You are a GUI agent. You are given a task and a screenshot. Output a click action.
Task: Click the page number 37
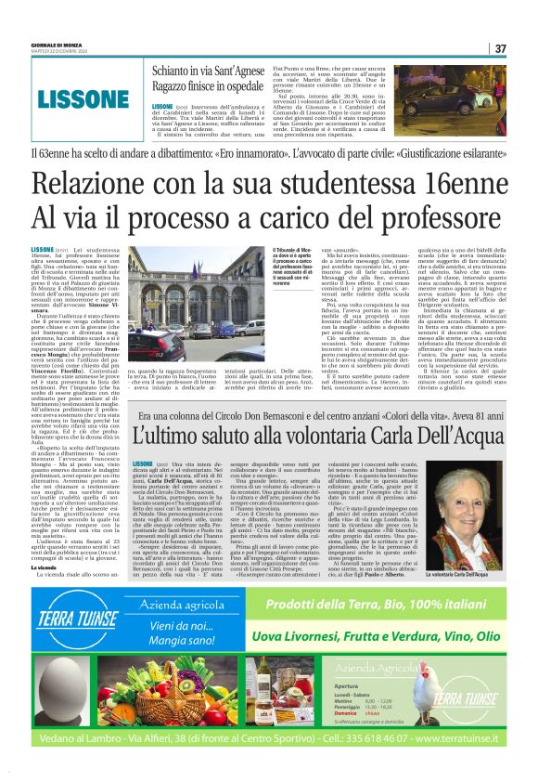click(500, 48)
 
